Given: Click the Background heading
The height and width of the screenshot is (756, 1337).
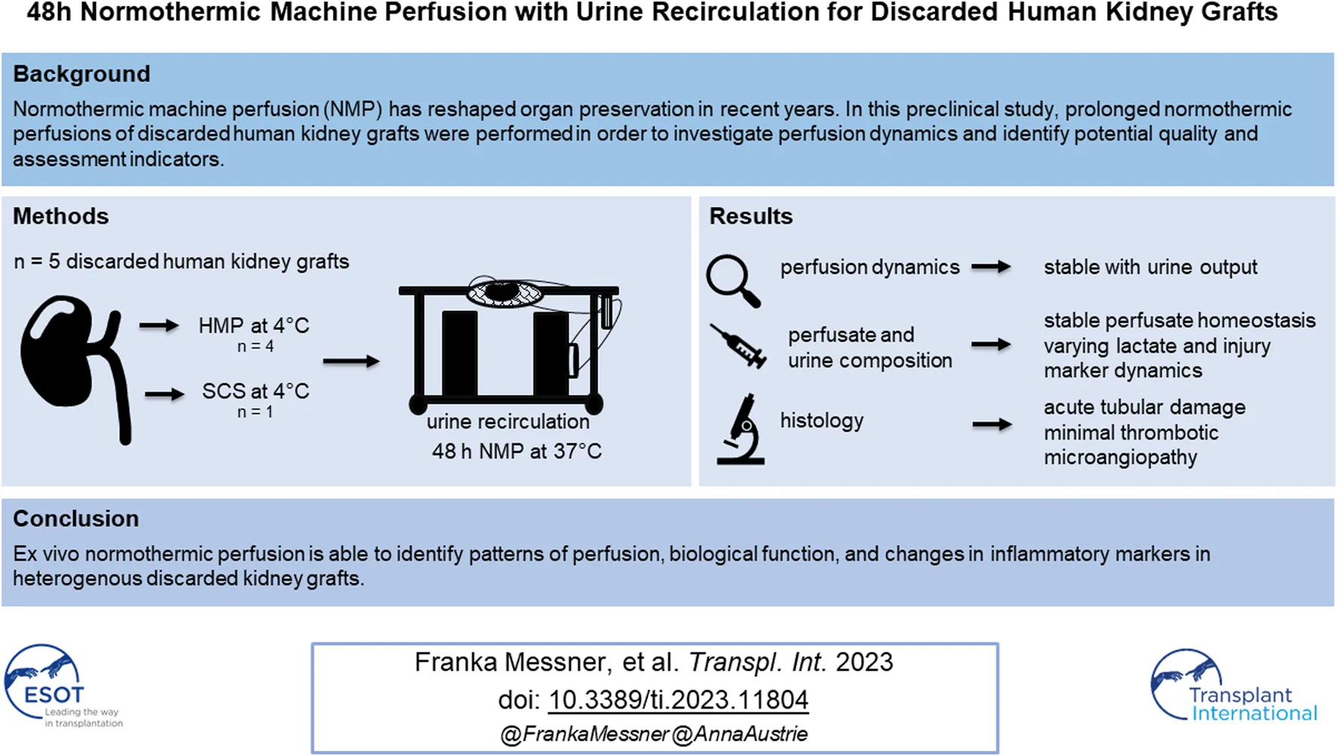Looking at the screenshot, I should [81, 74].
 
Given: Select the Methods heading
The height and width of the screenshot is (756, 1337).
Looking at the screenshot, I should [60, 217].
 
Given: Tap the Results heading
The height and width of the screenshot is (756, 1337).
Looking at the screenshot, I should [751, 217].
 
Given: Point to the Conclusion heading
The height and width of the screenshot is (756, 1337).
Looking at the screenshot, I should [75, 519].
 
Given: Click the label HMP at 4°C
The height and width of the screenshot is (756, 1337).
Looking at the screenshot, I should [254, 326].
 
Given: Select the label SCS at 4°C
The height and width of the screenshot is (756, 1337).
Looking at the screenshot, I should [255, 392].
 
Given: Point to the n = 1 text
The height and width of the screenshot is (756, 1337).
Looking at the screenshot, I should [255, 412].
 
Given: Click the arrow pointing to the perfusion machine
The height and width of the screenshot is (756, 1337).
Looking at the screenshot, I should [351, 362].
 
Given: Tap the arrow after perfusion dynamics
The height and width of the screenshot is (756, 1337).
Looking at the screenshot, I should [991, 267].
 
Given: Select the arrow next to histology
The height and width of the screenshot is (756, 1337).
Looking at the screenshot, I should [991, 425].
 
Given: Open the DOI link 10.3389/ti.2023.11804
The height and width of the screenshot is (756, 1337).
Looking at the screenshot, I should [678, 700].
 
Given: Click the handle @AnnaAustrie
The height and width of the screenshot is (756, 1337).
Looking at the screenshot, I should [739, 734].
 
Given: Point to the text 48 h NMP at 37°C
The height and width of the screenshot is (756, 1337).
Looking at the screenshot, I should [517, 451].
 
